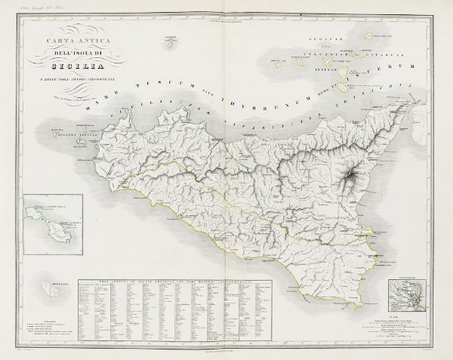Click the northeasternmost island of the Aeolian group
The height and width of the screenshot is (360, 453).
pyautogui.click(x=370, y=35)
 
